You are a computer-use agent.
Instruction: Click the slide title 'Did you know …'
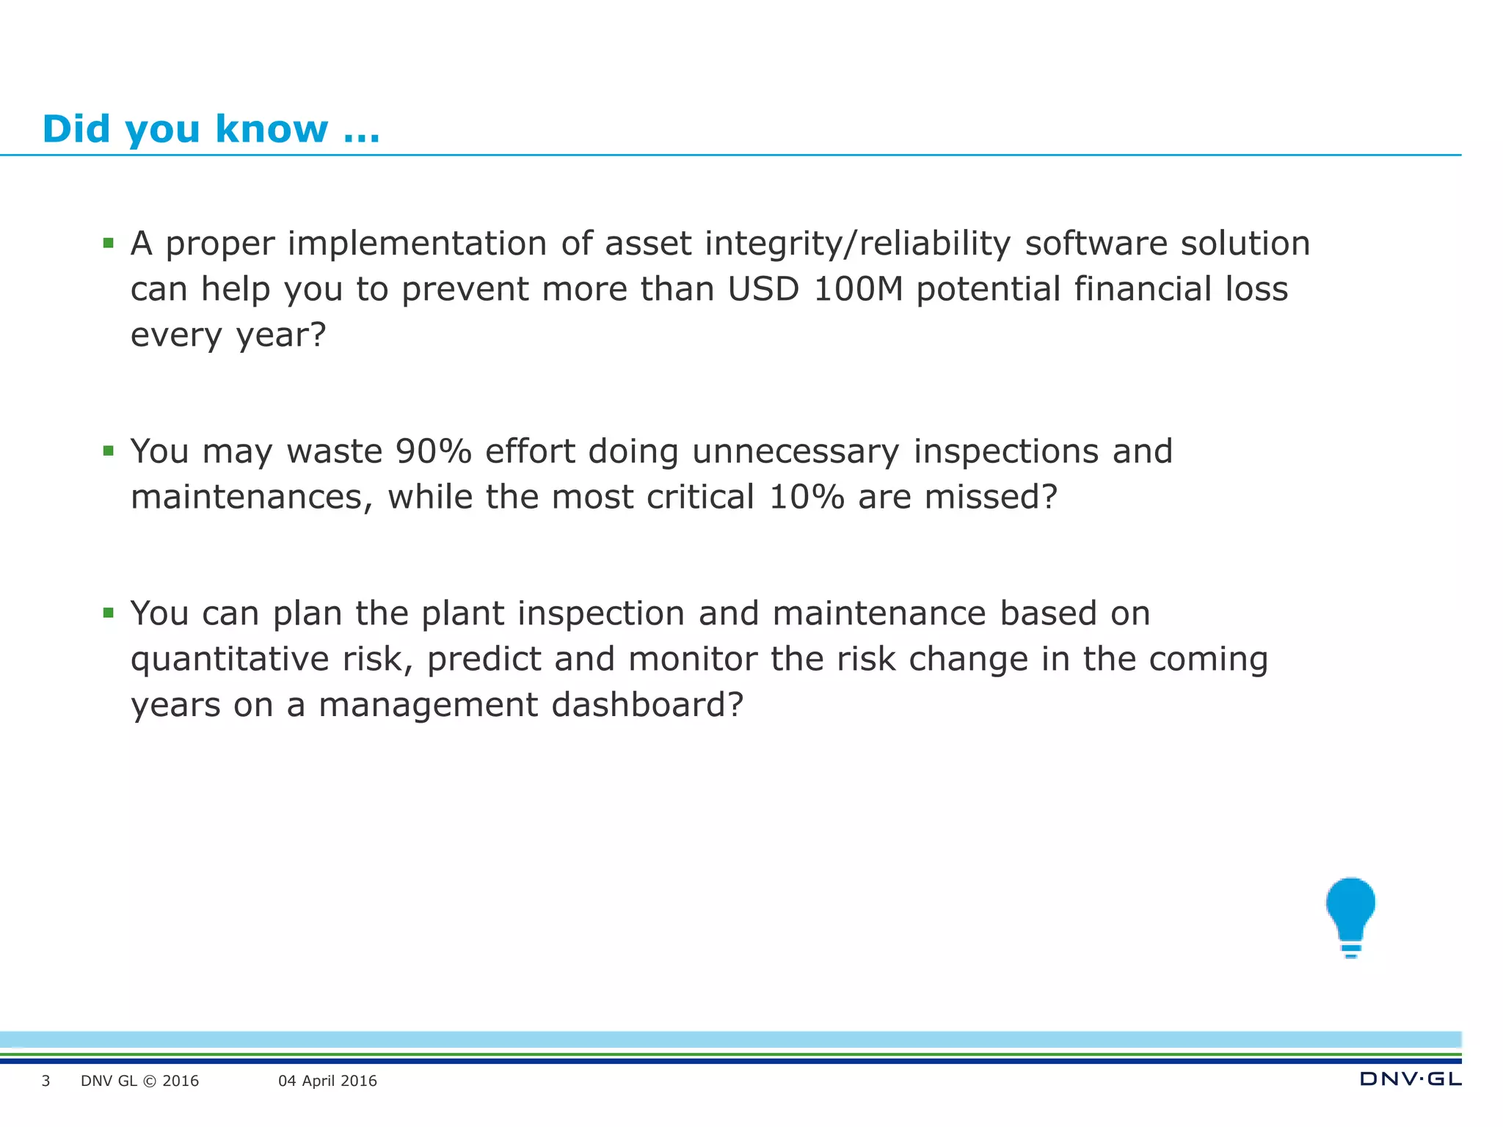click(211, 129)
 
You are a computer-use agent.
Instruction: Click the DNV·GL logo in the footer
click(1410, 1079)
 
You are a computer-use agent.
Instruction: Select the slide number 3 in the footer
click(46, 1081)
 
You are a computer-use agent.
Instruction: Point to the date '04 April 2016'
click(327, 1081)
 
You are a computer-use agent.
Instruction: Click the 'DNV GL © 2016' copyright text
click(139, 1081)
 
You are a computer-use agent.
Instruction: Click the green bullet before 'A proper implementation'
click(109, 243)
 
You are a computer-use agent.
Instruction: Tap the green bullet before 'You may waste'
click(109, 451)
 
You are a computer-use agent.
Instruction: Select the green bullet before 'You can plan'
click(109, 613)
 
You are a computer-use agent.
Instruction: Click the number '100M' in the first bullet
click(858, 289)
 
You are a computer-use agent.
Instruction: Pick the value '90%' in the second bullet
click(433, 451)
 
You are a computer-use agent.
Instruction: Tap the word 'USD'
click(763, 289)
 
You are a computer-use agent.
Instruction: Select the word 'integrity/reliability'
click(857, 244)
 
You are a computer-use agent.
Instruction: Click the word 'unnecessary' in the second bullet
click(796, 451)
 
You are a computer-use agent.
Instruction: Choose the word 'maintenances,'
click(252, 497)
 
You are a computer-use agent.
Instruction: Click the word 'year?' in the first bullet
click(280, 335)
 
